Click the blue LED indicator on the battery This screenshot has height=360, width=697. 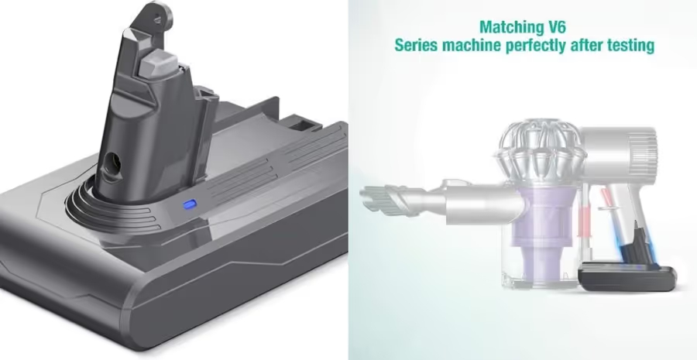190,204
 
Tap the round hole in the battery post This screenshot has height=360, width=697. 114,163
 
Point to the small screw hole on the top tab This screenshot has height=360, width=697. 157,19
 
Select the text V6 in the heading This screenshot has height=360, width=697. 557,27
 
